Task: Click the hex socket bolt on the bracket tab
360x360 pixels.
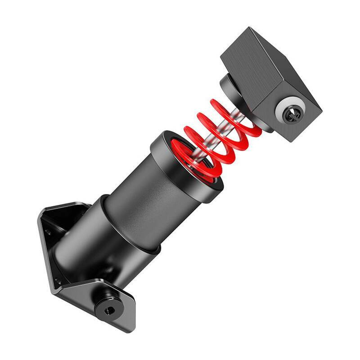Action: point(108,309)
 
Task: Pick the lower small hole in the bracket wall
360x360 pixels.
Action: point(58,282)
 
